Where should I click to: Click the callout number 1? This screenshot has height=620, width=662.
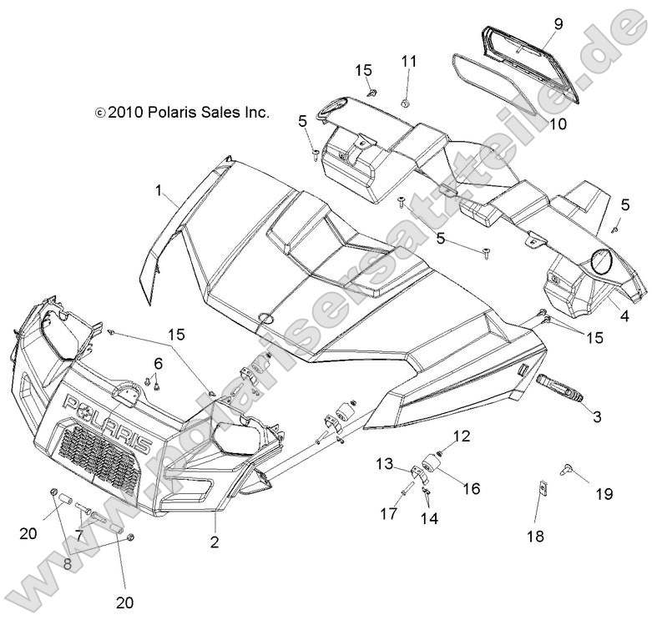[x=159, y=190]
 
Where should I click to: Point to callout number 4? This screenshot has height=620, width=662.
[x=624, y=316]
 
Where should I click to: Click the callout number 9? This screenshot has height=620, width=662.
[x=558, y=24]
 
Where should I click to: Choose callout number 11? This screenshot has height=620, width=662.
[x=408, y=61]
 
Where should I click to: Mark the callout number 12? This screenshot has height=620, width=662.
[x=462, y=435]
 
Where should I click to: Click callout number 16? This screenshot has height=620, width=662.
[x=472, y=488]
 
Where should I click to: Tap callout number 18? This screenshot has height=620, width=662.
[x=535, y=537]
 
